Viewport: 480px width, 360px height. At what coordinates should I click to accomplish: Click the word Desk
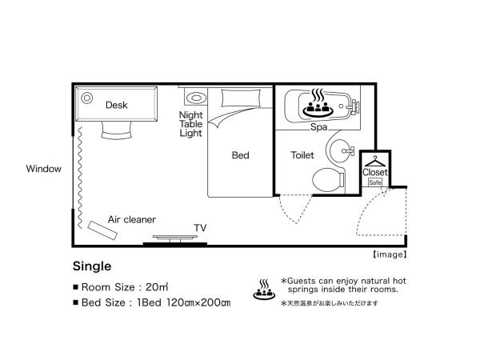tap(117, 105)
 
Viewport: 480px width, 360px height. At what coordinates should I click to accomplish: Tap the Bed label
tap(241, 155)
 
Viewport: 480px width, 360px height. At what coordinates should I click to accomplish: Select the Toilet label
tap(302, 155)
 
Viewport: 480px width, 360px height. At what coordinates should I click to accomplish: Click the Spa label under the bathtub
tap(320, 126)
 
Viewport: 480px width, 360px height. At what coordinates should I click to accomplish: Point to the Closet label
tap(374, 172)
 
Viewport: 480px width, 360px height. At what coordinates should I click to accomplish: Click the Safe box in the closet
tap(374, 182)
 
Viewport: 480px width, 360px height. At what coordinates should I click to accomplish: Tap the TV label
tap(200, 228)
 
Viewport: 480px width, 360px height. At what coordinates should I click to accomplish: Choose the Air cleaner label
tap(132, 219)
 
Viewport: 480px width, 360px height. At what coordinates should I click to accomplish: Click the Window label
tap(43, 169)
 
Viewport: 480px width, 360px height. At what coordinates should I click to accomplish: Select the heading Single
tap(91, 266)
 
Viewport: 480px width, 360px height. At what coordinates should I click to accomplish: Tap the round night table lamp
tap(194, 98)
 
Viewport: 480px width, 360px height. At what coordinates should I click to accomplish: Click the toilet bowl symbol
tap(326, 179)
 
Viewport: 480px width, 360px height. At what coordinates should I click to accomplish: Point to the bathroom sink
tap(343, 149)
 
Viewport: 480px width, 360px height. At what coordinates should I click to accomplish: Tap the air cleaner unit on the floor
tap(102, 230)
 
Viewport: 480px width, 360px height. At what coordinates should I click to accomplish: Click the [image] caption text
tap(390, 254)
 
